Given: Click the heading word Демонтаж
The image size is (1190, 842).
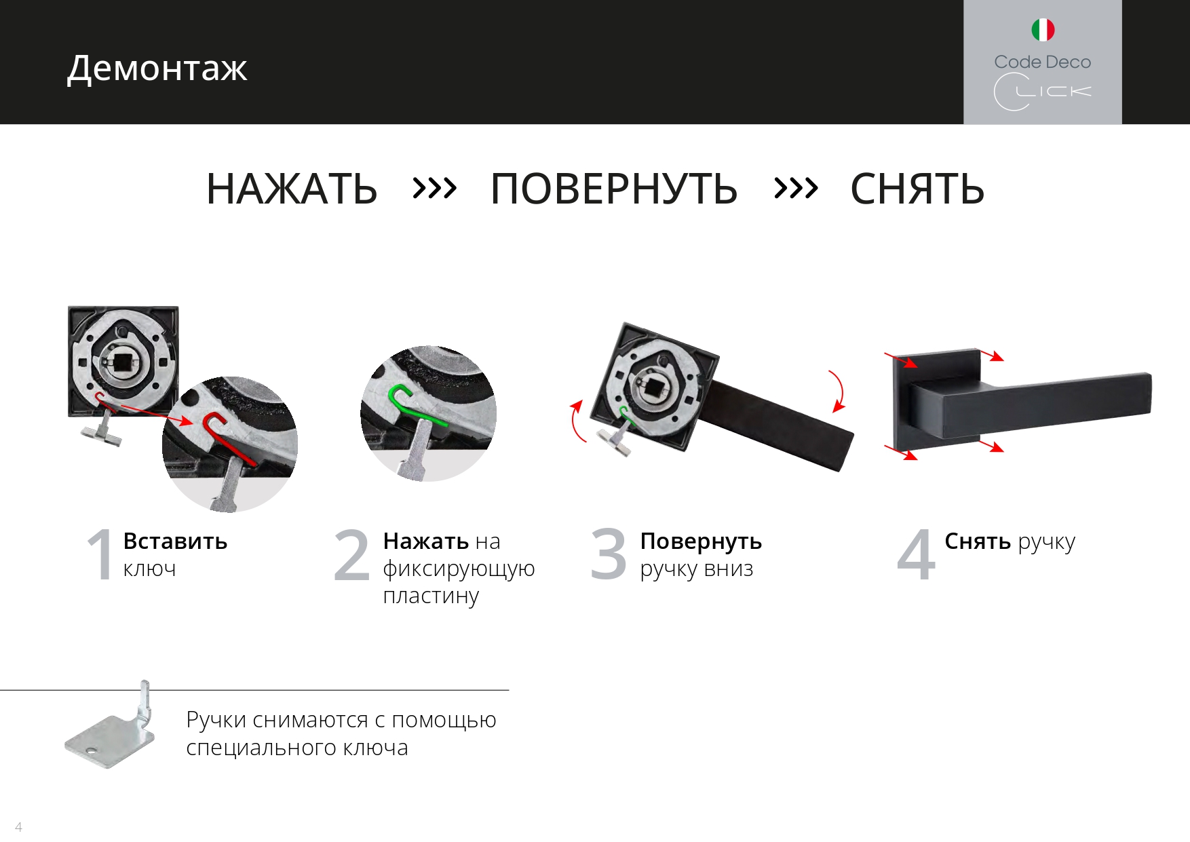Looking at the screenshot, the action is (157, 69).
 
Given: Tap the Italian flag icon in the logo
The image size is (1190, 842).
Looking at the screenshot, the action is (1043, 30).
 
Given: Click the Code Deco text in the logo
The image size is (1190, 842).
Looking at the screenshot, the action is (1043, 62).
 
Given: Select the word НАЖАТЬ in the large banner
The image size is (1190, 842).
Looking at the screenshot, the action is (292, 189).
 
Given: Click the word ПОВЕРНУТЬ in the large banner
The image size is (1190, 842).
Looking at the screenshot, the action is (614, 189).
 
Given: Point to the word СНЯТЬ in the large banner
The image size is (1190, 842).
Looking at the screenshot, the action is (917, 189).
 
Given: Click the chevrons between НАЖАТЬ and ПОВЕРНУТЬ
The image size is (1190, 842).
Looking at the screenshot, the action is (434, 187).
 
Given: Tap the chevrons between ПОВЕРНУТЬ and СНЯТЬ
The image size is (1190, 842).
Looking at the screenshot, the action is (796, 187).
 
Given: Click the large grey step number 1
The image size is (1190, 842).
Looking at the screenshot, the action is (100, 554).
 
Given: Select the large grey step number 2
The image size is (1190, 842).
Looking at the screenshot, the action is (352, 554).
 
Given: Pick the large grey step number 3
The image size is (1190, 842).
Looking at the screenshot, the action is (609, 554).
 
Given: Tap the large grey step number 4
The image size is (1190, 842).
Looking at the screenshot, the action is (916, 554).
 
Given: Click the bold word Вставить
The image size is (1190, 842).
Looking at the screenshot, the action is (175, 541).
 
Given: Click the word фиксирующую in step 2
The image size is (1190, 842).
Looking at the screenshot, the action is (459, 569).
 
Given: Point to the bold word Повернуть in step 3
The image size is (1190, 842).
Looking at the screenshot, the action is (701, 541).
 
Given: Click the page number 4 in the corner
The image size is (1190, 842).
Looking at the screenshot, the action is (18, 827).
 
